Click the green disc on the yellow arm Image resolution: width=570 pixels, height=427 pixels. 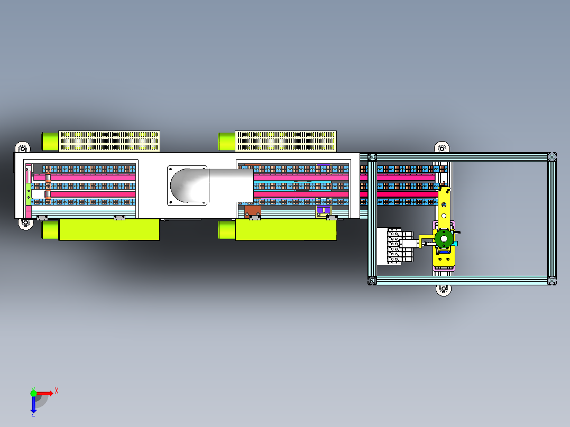(x=444, y=239)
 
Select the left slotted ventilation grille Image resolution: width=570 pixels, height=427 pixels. (x=109, y=141)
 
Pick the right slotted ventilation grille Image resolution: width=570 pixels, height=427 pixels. (x=286, y=141)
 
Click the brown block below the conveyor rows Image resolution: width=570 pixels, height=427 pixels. (x=252, y=211)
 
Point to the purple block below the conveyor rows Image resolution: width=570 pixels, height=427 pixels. (x=323, y=210)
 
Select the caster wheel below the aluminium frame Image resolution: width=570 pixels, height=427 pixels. (x=444, y=290)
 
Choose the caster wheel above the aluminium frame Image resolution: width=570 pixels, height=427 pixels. (x=442, y=147)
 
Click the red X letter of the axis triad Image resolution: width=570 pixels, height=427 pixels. (x=57, y=391)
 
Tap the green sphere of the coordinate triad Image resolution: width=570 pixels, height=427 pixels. (x=33, y=393)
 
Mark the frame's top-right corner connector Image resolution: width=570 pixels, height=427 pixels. (x=552, y=157)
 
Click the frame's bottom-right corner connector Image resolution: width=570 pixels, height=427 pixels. (x=552, y=280)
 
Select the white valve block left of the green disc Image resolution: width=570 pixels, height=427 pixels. (x=395, y=246)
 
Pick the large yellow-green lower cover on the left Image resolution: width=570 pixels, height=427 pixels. (x=109, y=229)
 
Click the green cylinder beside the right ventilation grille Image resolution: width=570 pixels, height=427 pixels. (x=226, y=141)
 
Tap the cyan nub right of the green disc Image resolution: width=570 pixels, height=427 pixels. (x=455, y=243)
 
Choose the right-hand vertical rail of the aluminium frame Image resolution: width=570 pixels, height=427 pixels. (x=552, y=219)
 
